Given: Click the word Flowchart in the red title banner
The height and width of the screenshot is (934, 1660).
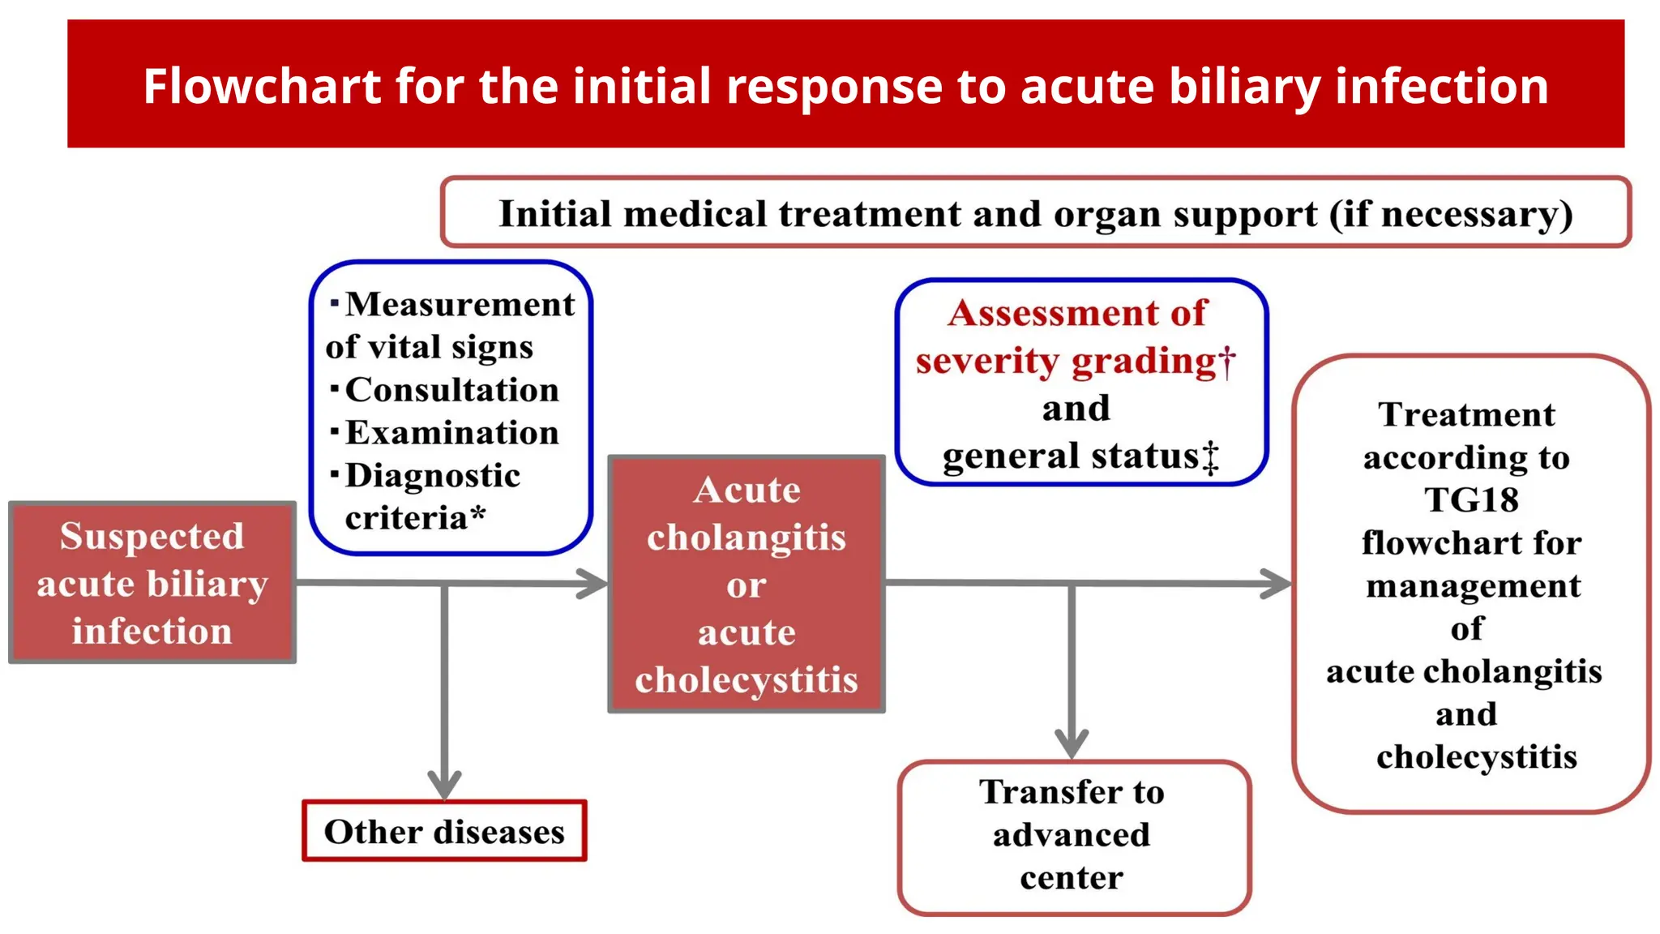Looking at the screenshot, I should pos(262,86).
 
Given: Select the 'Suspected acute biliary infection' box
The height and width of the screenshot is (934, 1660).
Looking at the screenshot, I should pos(152,583).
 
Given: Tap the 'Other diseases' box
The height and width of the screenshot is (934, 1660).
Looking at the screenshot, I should pos(444,832).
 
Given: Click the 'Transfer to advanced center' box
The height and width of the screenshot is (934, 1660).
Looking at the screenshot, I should pos(1073,836).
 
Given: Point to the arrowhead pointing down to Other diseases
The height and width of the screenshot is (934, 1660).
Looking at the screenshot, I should pos(444,785).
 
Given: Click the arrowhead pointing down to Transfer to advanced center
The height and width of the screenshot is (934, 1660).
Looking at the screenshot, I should pos(1072,743).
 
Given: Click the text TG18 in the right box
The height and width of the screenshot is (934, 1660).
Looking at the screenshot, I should pos(1471,499).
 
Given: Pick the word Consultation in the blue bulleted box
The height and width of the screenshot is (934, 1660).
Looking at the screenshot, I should pos(452,390).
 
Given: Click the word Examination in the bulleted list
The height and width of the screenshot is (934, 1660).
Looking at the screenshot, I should pos(452,433).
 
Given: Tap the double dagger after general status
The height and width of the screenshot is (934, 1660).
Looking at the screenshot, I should pos(1210,458).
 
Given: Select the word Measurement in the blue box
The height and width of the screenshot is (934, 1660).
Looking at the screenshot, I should pos(460,305).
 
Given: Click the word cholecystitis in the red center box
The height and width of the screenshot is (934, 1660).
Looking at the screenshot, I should pos(746,680).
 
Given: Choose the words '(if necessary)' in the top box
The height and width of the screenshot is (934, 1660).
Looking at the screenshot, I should pos(1450,215).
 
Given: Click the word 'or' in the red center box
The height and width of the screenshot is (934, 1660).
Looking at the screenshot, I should pos(746,585).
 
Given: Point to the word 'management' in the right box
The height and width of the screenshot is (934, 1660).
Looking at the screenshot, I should pos(1473,585).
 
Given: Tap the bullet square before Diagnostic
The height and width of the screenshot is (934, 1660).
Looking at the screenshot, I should pos(335,473).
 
